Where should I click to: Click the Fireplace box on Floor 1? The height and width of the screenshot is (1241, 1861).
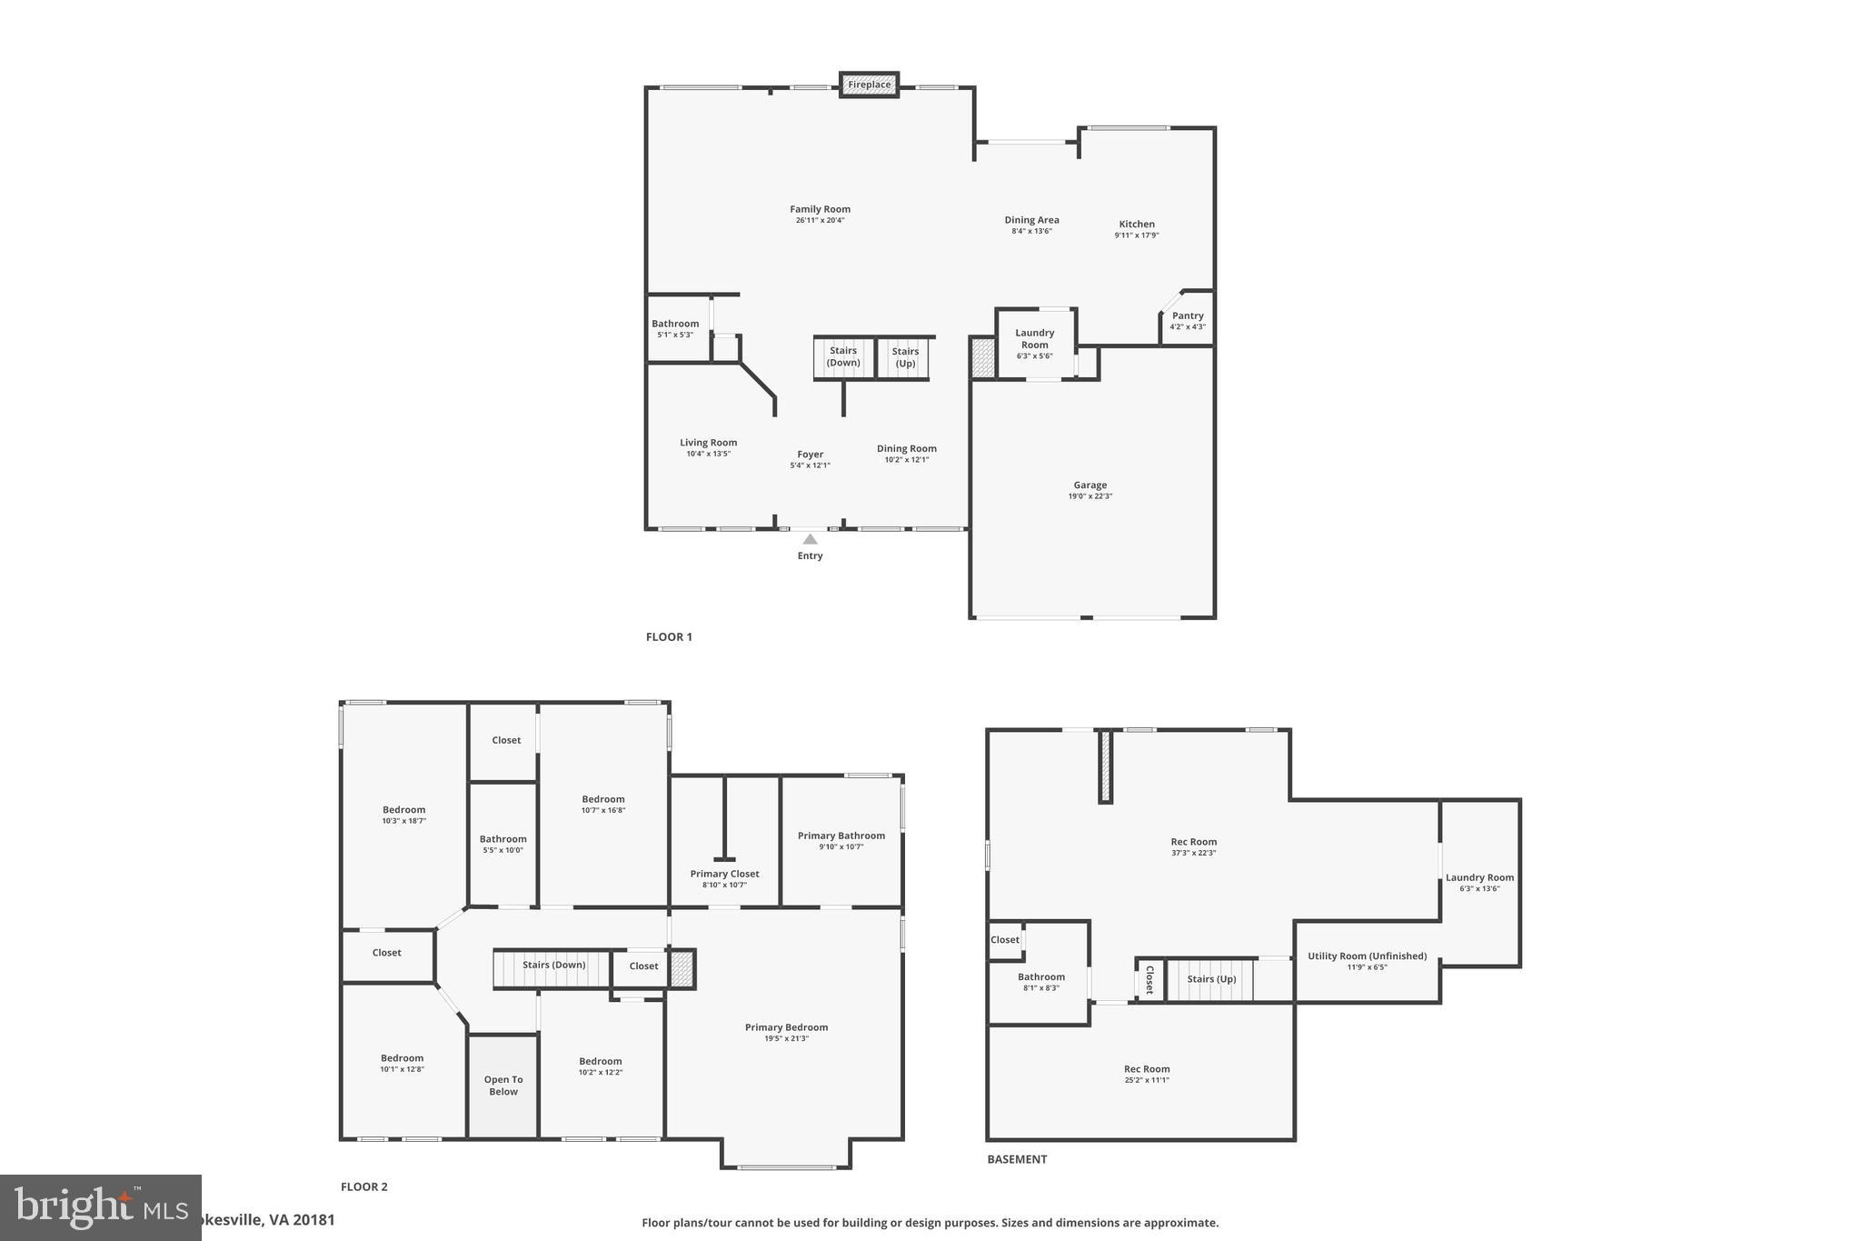click(870, 85)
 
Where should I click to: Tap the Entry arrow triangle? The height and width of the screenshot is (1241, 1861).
click(810, 539)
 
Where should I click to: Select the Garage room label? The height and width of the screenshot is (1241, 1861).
click(1090, 485)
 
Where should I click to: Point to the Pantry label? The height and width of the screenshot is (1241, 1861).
click(1187, 316)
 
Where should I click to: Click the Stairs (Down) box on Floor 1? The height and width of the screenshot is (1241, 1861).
click(843, 357)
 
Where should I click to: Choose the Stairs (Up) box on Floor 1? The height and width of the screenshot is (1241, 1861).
click(905, 357)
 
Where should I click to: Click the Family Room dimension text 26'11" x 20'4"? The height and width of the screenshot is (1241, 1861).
click(820, 221)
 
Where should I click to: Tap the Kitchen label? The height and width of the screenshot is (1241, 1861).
click(1137, 225)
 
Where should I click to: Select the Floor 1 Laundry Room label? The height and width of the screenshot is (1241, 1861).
click(1034, 339)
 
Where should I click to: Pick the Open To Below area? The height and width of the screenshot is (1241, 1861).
click(503, 1086)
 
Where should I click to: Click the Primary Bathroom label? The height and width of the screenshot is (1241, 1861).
click(841, 836)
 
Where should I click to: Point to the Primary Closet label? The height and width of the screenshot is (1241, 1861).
click(724, 874)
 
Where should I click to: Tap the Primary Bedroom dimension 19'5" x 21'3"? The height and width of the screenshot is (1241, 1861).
click(786, 1038)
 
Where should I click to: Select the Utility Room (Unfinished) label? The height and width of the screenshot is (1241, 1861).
click(1367, 956)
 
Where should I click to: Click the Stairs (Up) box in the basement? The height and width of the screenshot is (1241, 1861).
click(1211, 979)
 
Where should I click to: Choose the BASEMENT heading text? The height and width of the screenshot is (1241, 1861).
click(1017, 1159)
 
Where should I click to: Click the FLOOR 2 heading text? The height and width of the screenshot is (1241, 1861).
click(363, 1186)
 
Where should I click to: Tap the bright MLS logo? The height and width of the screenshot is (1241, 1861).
click(100, 1207)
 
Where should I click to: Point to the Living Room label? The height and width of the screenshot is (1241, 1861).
click(708, 443)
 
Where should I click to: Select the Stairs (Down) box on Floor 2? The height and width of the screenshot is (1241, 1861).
click(553, 966)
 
